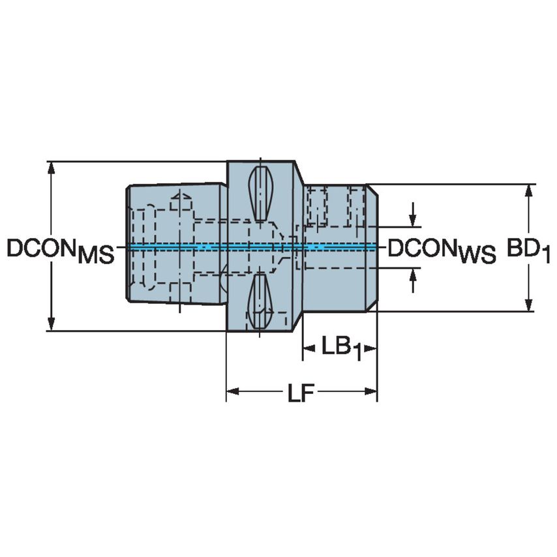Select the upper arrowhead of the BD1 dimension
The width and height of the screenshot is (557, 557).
[529, 190]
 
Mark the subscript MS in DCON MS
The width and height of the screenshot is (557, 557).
[95, 256]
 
